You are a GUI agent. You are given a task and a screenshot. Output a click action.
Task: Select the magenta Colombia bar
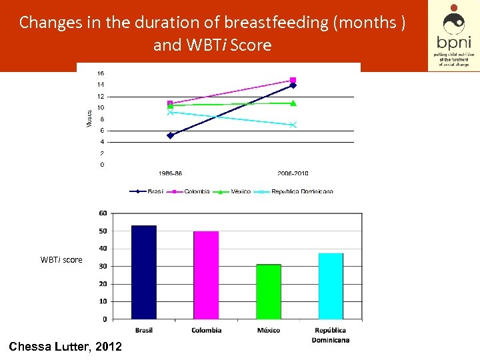point(206,275)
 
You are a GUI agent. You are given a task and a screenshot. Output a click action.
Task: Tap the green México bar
point(269,291)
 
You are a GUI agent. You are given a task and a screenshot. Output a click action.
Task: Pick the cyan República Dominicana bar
point(331,285)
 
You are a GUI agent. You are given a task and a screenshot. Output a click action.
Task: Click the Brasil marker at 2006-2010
point(293,85)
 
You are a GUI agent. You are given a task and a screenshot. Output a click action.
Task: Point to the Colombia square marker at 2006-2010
point(293,80)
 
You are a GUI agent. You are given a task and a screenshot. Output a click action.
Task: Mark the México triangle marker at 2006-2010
point(293,103)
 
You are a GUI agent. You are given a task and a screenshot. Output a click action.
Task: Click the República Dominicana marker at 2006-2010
point(293,125)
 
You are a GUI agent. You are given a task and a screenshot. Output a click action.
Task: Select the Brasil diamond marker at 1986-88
point(170,135)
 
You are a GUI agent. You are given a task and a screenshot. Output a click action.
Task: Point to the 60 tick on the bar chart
point(103,213)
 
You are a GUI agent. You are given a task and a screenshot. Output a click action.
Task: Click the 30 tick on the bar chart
point(103,266)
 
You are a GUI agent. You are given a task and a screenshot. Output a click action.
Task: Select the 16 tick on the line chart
point(101,73)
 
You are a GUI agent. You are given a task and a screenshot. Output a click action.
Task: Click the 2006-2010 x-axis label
point(293,173)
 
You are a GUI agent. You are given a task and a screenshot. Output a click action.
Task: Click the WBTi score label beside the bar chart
point(61,260)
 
